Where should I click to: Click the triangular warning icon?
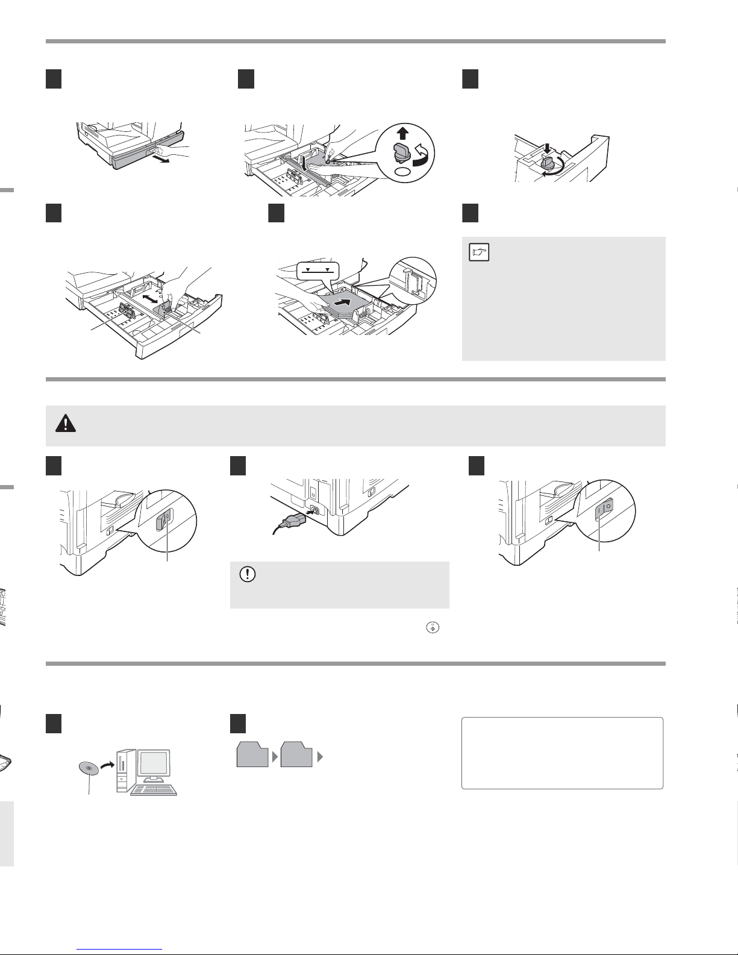(62, 424)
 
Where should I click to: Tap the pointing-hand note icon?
(479, 252)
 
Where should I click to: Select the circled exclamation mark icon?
(246, 574)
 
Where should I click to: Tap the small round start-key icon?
(433, 627)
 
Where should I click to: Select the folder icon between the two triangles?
(296, 755)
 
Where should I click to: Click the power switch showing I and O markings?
(603, 510)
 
